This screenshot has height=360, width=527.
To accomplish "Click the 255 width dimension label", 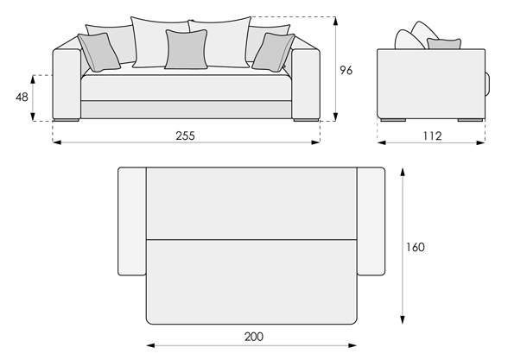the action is tap(185, 136).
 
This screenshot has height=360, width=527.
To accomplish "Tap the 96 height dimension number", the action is tap(346, 71).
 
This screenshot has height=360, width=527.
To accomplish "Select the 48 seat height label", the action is tap(22, 98).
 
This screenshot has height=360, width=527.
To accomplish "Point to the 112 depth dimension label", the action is tap(432, 136).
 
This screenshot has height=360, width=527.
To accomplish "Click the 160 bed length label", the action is tap(416, 247).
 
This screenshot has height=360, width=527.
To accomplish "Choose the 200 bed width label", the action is tap(254, 337).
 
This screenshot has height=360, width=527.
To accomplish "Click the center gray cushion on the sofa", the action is tap(187, 49).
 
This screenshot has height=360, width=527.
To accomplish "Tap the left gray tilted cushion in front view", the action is tap(98, 53).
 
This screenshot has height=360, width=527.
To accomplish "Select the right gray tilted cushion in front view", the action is tap(274, 53).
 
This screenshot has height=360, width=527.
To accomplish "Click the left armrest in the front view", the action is tap(67, 84).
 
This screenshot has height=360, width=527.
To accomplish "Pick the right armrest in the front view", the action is tap(306, 84).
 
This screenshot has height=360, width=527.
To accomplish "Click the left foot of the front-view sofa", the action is tap(67, 120).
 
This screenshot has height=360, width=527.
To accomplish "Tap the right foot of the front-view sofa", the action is tap(306, 120).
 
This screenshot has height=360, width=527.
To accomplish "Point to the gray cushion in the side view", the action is tap(444, 44).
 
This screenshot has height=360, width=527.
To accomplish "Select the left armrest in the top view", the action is tap(132, 221).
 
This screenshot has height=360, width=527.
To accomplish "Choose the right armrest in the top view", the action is tap(371, 221).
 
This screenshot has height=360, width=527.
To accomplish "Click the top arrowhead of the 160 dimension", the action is tap(403, 171).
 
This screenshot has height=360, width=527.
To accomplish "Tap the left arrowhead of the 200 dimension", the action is tap(151, 345).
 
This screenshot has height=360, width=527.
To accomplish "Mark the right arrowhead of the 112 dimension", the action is tap(481, 142).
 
